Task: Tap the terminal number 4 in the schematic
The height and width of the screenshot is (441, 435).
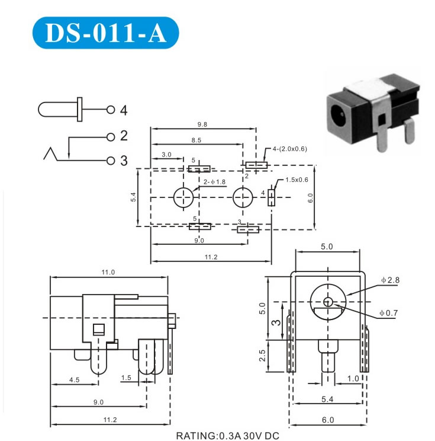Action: tap(124, 110)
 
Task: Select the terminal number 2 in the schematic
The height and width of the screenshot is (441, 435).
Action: tap(124, 136)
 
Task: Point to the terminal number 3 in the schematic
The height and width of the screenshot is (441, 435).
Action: tap(124, 161)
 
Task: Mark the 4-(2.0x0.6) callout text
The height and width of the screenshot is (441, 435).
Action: tap(290, 149)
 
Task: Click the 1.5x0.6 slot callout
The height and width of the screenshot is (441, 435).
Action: tap(297, 180)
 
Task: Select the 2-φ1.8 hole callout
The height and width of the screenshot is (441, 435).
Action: tap(214, 182)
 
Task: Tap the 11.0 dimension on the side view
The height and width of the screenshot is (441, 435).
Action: tap(108, 272)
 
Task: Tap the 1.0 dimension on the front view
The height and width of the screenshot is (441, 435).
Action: tap(353, 378)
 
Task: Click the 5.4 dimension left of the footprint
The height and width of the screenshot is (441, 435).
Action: tap(134, 197)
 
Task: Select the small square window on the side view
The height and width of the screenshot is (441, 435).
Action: tap(99, 330)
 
